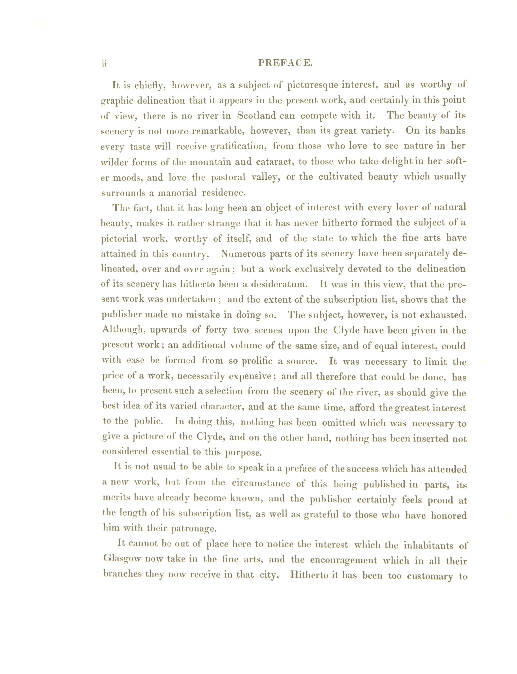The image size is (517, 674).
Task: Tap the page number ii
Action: point(104,64)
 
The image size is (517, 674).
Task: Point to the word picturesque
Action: point(312,85)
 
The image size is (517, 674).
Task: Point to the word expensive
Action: point(250,376)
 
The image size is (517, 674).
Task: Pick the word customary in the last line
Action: point(430,576)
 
